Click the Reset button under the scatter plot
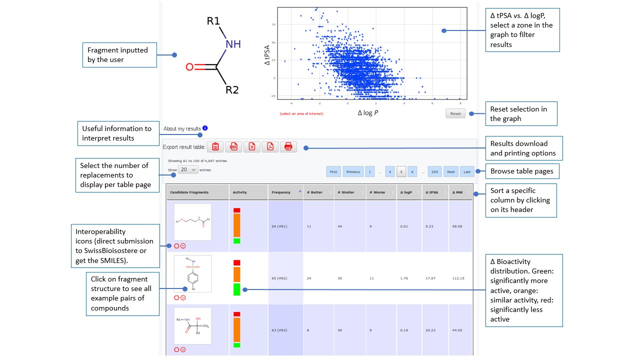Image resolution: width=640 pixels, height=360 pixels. (x=455, y=113)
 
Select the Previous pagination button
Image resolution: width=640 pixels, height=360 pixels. (x=353, y=171)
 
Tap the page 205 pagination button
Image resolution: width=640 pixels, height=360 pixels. (x=434, y=171)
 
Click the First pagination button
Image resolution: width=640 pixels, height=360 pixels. (x=333, y=171)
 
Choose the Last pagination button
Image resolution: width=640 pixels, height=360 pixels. (x=467, y=171)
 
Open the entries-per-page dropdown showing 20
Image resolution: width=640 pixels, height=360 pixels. (x=188, y=170)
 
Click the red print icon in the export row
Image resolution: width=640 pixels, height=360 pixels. (x=288, y=147)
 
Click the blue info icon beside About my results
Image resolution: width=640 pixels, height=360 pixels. (x=205, y=128)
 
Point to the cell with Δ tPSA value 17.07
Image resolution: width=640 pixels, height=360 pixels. (x=430, y=278)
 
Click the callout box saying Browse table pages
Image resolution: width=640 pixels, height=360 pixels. (x=521, y=171)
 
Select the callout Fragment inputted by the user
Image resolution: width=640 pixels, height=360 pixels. (x=119, y=55)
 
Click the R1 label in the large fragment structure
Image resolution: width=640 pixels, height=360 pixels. (x=213, y=21)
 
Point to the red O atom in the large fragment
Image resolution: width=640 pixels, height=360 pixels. (x=189, y=67)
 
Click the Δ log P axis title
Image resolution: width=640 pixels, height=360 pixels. (x=368, y=113)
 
